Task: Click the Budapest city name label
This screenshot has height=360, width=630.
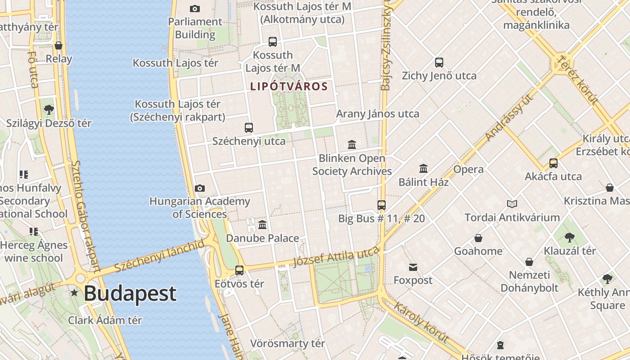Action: point(130,294)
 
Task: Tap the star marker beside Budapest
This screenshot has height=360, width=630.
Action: point(74,293)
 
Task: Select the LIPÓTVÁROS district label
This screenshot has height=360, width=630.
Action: point(289,86)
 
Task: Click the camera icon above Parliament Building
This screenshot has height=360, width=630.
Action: point(195,9)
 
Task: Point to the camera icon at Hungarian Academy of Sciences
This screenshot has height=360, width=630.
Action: point(200,188)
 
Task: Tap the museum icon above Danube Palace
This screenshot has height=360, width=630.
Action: point(262,225)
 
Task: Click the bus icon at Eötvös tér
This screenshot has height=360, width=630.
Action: point(239,270)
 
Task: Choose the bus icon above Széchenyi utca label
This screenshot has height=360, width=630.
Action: point(249,128)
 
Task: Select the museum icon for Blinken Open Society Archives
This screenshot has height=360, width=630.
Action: point(352,145)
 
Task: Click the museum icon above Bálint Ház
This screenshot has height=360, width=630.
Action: point(423,169)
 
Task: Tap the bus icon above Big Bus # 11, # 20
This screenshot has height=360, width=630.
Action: point(382,205)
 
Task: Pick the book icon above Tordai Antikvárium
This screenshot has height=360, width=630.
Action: point(512,204)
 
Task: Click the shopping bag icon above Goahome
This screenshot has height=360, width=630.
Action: point(478,238)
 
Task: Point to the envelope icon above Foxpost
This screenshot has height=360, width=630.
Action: point(413,267)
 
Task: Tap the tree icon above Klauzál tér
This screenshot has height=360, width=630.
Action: point(569,237)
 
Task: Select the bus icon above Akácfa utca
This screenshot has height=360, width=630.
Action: point(553,163)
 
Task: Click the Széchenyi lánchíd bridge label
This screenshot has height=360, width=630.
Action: point(159,256)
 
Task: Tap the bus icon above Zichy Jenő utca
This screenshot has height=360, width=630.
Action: point(439,63)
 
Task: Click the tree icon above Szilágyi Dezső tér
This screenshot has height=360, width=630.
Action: point(49,109)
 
